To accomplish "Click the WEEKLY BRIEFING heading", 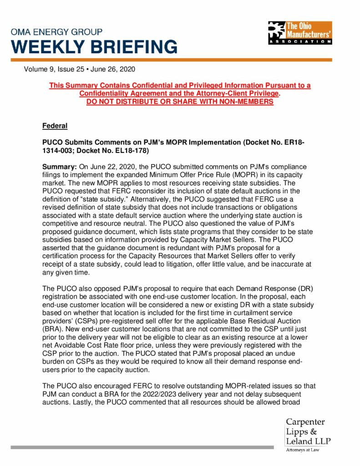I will pyautogui.click(x=94, y=47).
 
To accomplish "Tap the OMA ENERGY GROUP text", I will pyautogui.click(x=56, y=32).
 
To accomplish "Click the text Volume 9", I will pyautogui.click(x=39, y=70).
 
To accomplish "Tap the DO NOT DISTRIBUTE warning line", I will pyautogui.click(x=180, y=101).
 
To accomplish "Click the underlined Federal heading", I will pyautogui.click(x=55, y=126).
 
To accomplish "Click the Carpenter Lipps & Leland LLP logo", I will pyautogui.click(x=308, y=431).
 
